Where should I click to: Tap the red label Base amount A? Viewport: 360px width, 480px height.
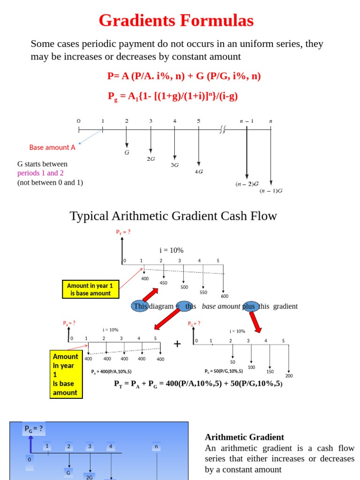pyautogui.click(x=52, y=147)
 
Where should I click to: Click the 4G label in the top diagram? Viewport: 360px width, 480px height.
pyautogui.click(x=199, y=172)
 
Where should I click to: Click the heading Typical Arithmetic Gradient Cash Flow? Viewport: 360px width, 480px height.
pyautogui.click(x=173, y=216)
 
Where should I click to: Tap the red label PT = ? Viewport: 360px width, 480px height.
pyautogui.click(x=123, y=232)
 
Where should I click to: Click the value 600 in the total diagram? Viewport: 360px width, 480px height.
pyautogui.click(x=225, y=296)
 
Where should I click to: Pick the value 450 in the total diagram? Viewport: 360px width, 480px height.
pyautogui.click(x=163, y=283)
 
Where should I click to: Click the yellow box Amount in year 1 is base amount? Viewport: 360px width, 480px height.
pyautogui.click(x=90, y=289)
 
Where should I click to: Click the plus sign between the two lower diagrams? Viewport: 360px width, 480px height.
pyautogui.click(x=177, y=344)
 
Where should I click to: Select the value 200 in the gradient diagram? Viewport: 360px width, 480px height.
pyautogui.click(x=289, y=376)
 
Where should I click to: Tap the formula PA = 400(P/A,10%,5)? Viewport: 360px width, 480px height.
pyautogui.click(x=111, y=372)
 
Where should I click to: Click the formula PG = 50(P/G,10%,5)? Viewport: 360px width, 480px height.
pyautogui.click(x=224, y=371)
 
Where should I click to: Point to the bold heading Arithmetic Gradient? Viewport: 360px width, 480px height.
pyautogui.click(x=244, y=437)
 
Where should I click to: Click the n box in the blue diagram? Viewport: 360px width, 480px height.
pyautogui.click(x=157, y=447)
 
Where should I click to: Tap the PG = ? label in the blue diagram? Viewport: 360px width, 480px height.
pyautogui.click(x=34, y=429)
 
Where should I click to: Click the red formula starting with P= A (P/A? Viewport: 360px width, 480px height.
pyautogui.click(x=184, y=76)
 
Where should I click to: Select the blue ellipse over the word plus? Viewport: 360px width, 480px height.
pyautogui.click(x=251, y=306)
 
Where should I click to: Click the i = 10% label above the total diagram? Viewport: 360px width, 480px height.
pyautogui.click(x=172, y=250)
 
